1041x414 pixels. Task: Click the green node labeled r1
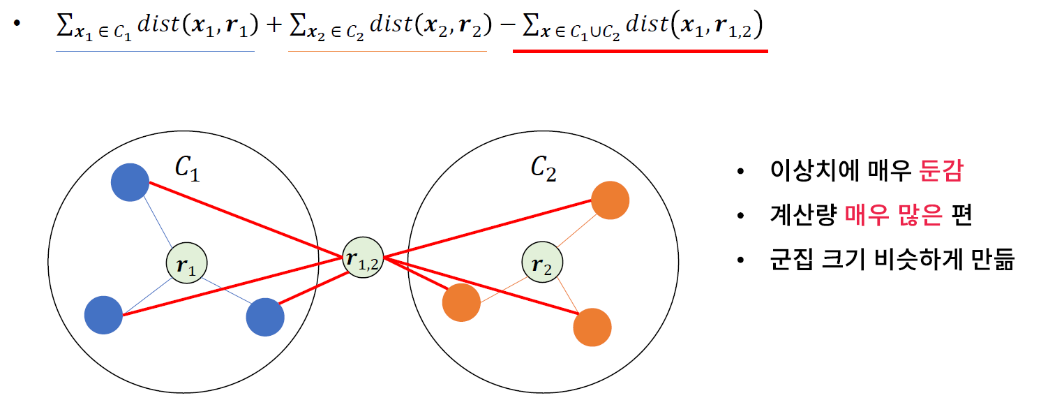click(186, 264)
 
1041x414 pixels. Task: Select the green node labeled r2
click(542, 264)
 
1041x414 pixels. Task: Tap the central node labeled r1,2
click(363, 259)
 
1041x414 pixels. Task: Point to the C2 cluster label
click(543, 169)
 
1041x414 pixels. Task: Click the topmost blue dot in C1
click(130, 182)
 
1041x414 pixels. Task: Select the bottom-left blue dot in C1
click(103, 315)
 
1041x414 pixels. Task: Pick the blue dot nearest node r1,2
click(265, 317)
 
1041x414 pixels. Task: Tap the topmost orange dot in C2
click(610, 200)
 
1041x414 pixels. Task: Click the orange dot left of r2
click(461, 303)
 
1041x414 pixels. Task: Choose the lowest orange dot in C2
click(592, 327)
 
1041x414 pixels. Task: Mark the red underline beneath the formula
click(640, 51)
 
